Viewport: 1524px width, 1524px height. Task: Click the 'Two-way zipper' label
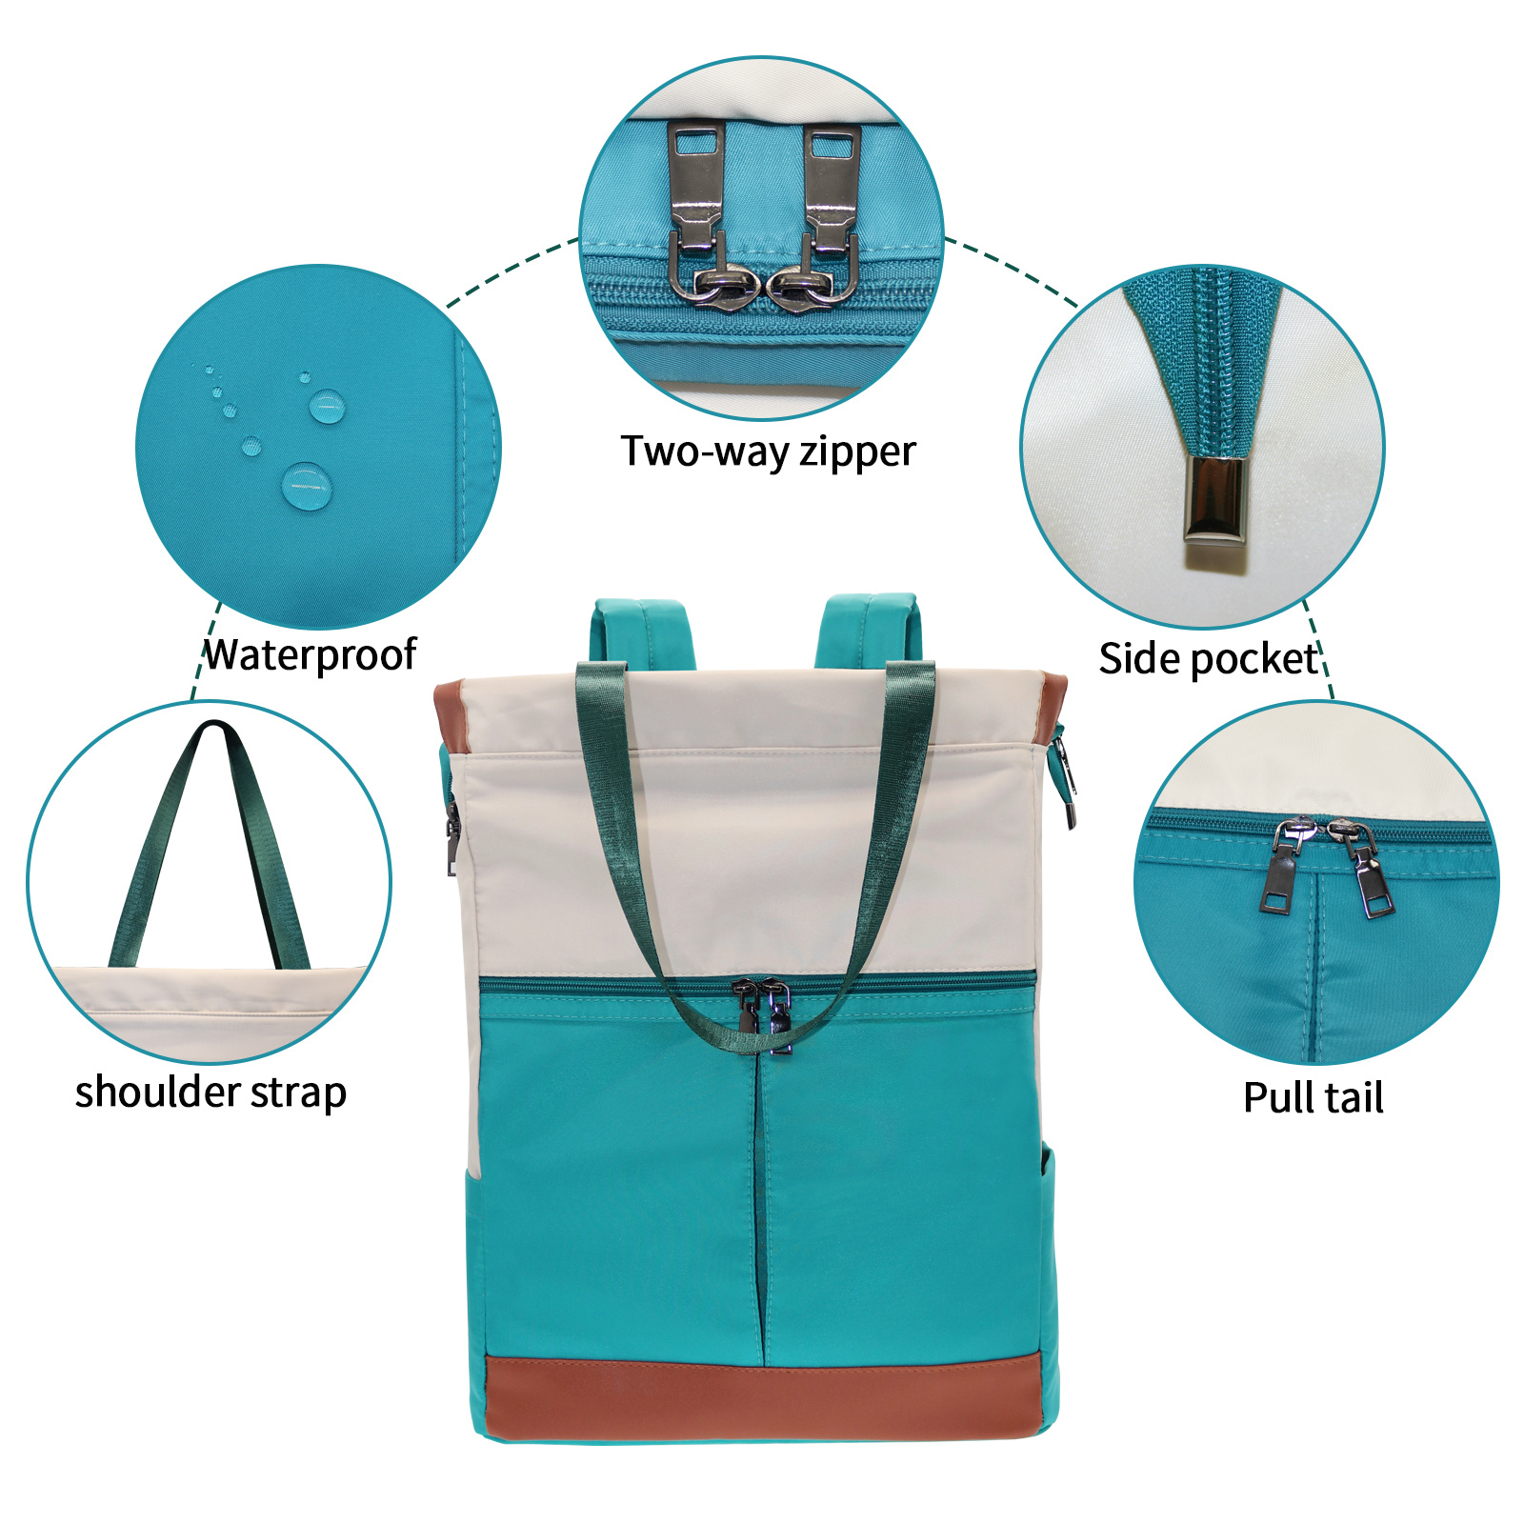768,451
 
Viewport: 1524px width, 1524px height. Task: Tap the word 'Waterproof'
311,654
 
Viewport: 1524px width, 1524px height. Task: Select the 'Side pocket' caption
1208,659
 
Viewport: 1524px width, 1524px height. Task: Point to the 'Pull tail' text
1313,1097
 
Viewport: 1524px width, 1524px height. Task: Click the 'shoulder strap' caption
211,1092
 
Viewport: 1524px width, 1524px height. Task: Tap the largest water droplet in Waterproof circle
307,485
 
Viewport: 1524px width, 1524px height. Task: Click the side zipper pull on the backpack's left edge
452,838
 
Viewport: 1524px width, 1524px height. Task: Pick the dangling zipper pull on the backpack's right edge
1064,776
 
